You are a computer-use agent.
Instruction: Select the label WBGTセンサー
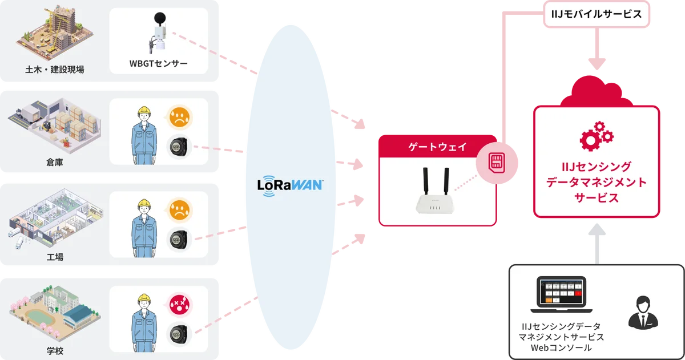[158, 63]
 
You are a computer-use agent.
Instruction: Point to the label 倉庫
[55, 162]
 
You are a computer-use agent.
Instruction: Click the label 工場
[55, 257]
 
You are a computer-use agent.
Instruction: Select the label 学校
[55, 350]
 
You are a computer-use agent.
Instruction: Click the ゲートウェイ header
[438, 147]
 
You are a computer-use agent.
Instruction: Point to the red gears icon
[596, 135]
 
